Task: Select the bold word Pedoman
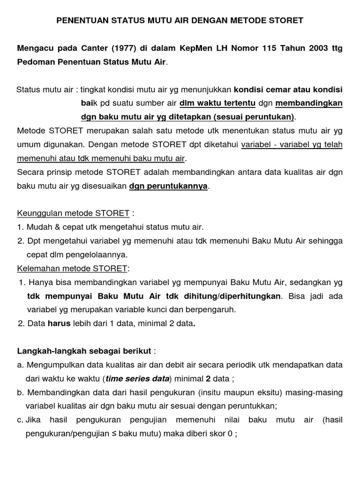coord(35,62)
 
